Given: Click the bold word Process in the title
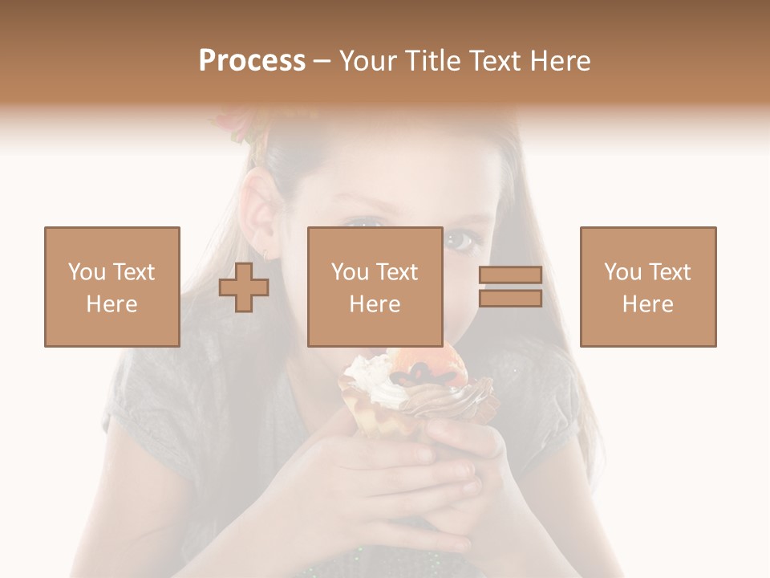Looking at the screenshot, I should coord(252,61).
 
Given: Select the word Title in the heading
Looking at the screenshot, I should coord(434,61).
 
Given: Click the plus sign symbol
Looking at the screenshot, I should coord(244,287).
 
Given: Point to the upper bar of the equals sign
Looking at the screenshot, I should coord(510,275).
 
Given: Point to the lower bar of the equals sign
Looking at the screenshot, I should coord(510,299).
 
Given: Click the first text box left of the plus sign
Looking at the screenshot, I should coord(111,287).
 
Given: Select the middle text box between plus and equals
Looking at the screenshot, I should coord(375,287).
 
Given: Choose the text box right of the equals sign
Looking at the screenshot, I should coord(647,287).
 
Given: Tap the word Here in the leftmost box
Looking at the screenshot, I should coord(111,304).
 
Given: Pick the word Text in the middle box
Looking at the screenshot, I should coord(396,272).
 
